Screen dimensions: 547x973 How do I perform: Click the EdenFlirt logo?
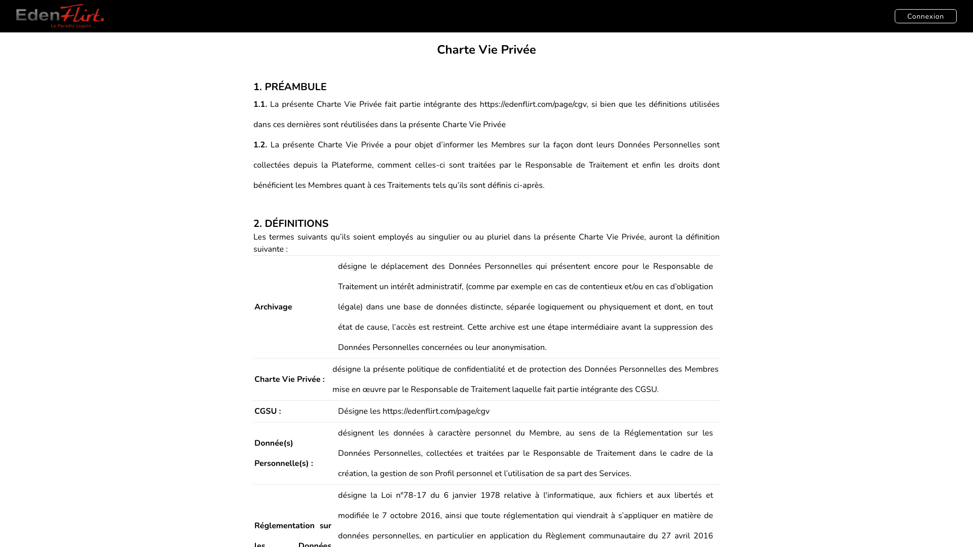[x=60, y=16]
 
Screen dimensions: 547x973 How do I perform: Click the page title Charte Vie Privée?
[x=486, y=50]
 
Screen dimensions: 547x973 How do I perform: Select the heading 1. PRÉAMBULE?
[x=290, y=87]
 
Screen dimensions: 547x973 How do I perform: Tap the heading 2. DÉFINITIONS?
[x=291, y=223]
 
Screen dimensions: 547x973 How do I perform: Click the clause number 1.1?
[x=260, y=104]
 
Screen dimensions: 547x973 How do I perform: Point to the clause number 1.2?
[x=260, y=145]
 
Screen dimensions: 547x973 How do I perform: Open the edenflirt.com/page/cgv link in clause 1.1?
[x=533, y=104]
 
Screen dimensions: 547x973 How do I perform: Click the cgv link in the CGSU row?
[x=436, y=411]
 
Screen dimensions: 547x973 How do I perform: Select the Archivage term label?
[x=273, y=307]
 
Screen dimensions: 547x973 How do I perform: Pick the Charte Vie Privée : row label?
[x=289, y=379]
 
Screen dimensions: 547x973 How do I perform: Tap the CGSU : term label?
[x=268, y=411]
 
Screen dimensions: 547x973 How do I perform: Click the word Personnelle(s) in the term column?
[x=283, y=463]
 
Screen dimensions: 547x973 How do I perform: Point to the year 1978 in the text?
[x=490, y=495]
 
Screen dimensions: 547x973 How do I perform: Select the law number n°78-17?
[x=410, y=495]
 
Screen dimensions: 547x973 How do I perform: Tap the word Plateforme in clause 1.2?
[x=352, y=165]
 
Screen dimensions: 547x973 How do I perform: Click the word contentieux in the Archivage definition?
[x=601, y=287]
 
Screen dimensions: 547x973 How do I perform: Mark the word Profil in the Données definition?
[x=444, y=474]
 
